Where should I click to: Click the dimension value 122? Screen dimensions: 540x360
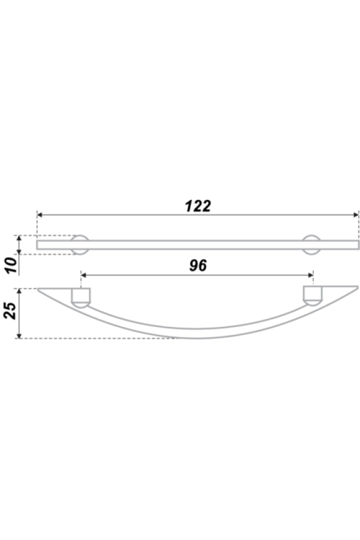[x=198, y=206]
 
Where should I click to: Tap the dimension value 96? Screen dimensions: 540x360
[x=198, y=266]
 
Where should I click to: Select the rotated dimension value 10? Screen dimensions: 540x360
[x=11, y=265]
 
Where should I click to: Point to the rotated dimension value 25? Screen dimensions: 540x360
[x=10, y=310]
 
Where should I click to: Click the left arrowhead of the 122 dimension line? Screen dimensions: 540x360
[x=40, y=214]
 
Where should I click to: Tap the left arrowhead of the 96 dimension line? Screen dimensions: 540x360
[x=83, y=275]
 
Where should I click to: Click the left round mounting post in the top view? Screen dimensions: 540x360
[x=80, y=244]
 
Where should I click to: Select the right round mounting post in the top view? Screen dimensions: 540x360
[x=311, y=244]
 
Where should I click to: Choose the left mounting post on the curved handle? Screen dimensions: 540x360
[x=80, y=297]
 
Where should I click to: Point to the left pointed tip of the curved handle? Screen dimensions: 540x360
[x=40, y=289]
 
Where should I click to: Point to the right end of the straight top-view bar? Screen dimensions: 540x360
[x=358, y=244]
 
